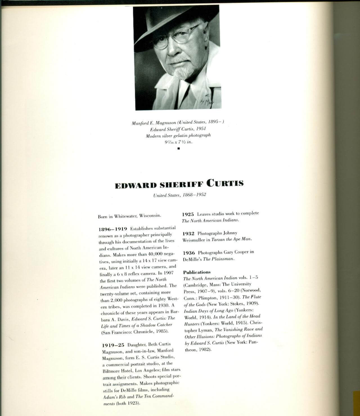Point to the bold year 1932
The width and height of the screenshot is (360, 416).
pyautogui.click(x=188, y=233)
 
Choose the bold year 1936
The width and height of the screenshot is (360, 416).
pyautogui.click(x=189, y=253)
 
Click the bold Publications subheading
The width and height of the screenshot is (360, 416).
pyautogui.click(x=197, y=272)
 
